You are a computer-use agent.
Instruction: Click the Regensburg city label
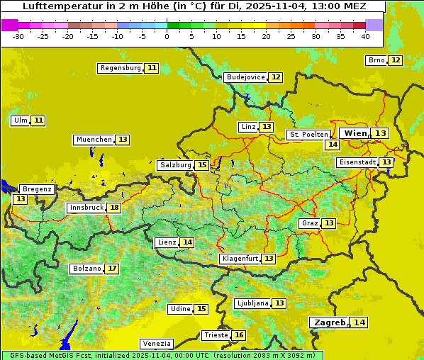coord(121,68)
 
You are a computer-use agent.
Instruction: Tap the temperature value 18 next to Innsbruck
coord(114,208)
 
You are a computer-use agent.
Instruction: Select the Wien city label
coord(356,133)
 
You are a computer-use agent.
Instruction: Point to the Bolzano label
coord(87,269)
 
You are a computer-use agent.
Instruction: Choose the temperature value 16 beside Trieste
coord(239,335)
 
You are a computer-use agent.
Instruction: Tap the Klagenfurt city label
coord(240,259)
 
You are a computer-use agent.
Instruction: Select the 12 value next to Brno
coord(395,60)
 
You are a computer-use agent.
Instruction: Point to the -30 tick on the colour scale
coord(18,35)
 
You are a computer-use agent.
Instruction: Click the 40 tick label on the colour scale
coord(365,35)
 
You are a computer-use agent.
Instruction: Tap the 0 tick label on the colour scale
coord(167,35)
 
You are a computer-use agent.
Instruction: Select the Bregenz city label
coord(37,189)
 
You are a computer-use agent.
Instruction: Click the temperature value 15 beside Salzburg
coord(202,165)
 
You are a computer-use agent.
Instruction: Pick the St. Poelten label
coord(308,134)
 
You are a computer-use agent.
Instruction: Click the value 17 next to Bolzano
coord(112,269)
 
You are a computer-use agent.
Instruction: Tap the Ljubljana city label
coord(252,303)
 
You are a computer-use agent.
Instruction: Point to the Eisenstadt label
coord(357,162)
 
